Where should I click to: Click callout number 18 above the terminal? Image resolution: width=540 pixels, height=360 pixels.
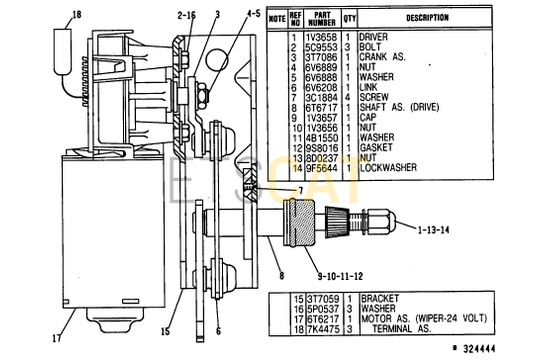77,15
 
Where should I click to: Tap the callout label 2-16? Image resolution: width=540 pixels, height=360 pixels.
186,15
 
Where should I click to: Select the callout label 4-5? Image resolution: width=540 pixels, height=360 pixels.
253,13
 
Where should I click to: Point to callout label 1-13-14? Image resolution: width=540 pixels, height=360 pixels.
434,230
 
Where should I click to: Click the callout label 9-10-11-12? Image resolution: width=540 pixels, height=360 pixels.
340,276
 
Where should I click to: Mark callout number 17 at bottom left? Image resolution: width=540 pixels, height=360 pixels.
57,338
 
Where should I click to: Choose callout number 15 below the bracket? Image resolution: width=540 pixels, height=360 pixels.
166,331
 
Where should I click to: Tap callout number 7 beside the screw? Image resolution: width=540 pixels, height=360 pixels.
301,191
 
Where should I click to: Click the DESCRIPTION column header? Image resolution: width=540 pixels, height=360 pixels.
427,18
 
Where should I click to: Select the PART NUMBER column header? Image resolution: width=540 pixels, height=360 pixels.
322,19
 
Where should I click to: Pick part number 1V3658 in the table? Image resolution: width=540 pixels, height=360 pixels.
321,37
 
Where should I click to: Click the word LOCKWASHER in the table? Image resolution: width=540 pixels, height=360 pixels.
388,168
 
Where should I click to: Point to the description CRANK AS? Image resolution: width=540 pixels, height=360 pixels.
383,57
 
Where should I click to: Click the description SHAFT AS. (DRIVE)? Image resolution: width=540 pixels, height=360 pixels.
399,107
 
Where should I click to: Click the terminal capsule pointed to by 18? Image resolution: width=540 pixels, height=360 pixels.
62,51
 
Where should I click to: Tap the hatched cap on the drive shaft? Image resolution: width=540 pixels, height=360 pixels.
299,224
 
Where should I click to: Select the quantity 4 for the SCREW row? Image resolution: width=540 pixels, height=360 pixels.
349,97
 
